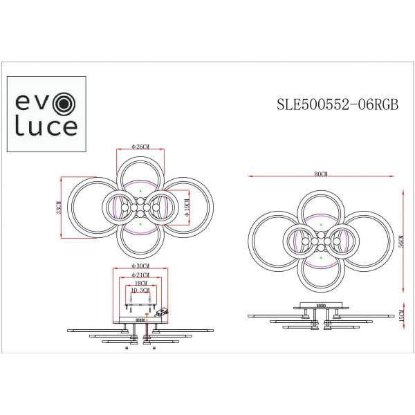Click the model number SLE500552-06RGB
click(x=336, y=105)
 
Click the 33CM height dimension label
click(x=59, y=208)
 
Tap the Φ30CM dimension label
click(x=140, y=266)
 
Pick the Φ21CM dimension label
click(x=140, y=275)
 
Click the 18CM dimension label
click(x=140, y=283)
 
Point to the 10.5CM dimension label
click(x=140, y=290)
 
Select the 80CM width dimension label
click(x=320, y=175)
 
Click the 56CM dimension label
click(x=400, y=242)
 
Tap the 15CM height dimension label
click(x=400, y=315)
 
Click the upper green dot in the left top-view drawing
click(x=140, y=190)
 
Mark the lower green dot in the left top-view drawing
click(x=140, y=225)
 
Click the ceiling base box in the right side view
click(x=320, y=304)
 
